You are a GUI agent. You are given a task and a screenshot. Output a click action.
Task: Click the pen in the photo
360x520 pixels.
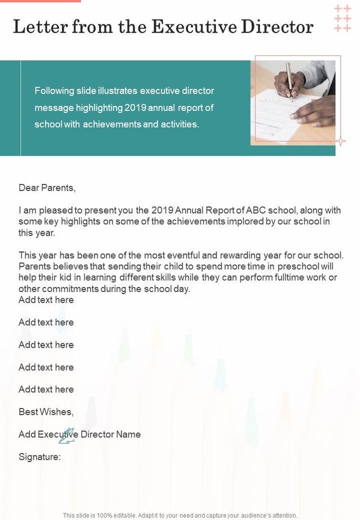click(289, 79)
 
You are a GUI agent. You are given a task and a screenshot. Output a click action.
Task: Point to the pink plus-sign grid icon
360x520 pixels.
click(343, 18)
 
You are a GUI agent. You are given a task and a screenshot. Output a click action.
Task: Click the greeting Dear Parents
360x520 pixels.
click(47, 187)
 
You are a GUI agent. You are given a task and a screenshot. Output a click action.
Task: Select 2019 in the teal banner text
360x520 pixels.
click(136, 107)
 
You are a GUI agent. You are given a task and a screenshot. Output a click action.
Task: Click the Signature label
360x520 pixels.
click(39, 457)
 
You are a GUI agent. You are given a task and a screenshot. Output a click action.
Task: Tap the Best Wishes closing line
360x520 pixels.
click(46, 412)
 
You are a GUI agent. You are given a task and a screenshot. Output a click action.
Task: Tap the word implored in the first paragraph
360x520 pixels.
click(211, 221)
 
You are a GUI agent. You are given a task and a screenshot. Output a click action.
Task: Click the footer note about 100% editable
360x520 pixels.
click(180, 515)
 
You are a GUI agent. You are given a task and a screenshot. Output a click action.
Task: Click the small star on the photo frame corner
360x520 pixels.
click(340, 141)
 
